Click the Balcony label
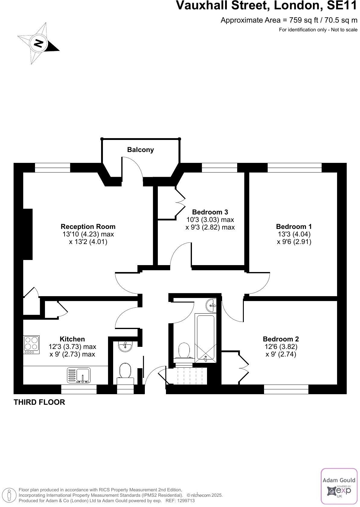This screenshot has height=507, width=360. pyautogui.click(x=140, y=150)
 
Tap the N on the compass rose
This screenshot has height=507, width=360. pyautogui.click(x=38, y=43)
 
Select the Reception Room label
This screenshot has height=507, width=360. pyautogui.click(x=88, y=227)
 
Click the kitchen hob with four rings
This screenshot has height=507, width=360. pyautogui.click(x=32, y=344)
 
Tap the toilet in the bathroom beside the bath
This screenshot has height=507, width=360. pyautogui.click(x=184, y=351)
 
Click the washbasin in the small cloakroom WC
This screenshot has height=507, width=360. pyautogui.click(x=125, y=347)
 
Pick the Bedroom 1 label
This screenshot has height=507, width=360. pyautogui.click(x=294, y=227)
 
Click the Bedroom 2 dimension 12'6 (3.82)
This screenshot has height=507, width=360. pyautogui.click(x=281, y=347)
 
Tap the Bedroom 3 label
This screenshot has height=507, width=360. pyautogui.click(x=210, y=212)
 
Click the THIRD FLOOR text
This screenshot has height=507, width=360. pyautogui.click(x=39, y=402)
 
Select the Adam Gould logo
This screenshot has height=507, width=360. pyautogui.click(x=339, y=486)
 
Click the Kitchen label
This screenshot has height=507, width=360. pyautogui.click(x=72, y=339)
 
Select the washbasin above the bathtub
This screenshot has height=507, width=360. pyautogui.click(x=211, y=305)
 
